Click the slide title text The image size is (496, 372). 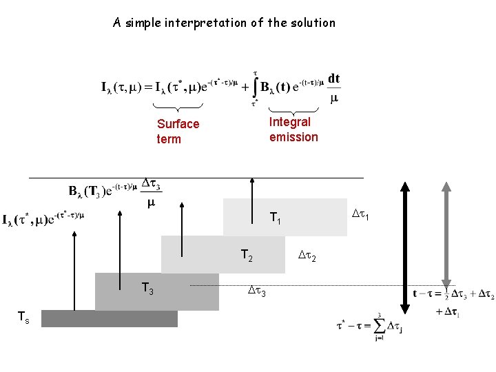click(x=224, y=23)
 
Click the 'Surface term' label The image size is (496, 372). click(x=178, y=132)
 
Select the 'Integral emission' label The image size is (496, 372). click(x=293, y=130)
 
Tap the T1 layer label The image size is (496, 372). click(x=275, y=219)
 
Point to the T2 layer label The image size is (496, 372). click(x=247, y=256)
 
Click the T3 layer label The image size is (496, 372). click(x=147, y=289)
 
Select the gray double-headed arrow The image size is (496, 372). click(x=446, y=234)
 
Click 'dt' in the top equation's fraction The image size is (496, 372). click(x=333, y=79)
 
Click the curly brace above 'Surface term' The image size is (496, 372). click(x=177, y=107)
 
